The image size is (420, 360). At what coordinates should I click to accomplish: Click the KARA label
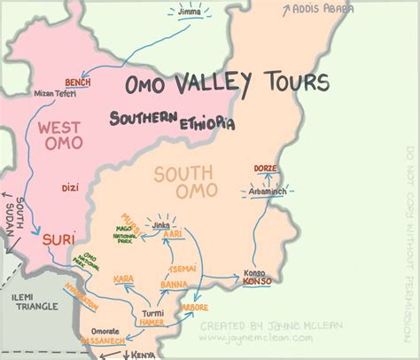(124, 280)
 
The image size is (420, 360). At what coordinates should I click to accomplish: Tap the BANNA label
(172, 285)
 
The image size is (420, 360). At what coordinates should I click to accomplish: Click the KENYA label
(143, 354)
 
